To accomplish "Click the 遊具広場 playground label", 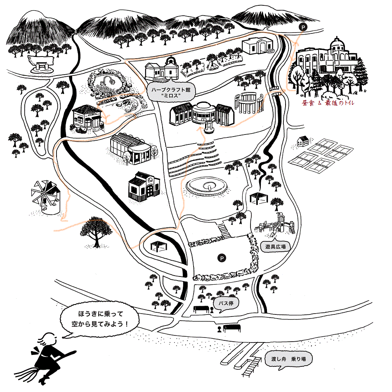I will coord(275,246).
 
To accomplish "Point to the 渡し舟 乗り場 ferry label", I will coord(288,359).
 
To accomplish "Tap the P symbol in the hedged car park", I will coord(222,258).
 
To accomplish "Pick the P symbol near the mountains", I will coord(303,27).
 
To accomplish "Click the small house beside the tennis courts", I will coord(303,141).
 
